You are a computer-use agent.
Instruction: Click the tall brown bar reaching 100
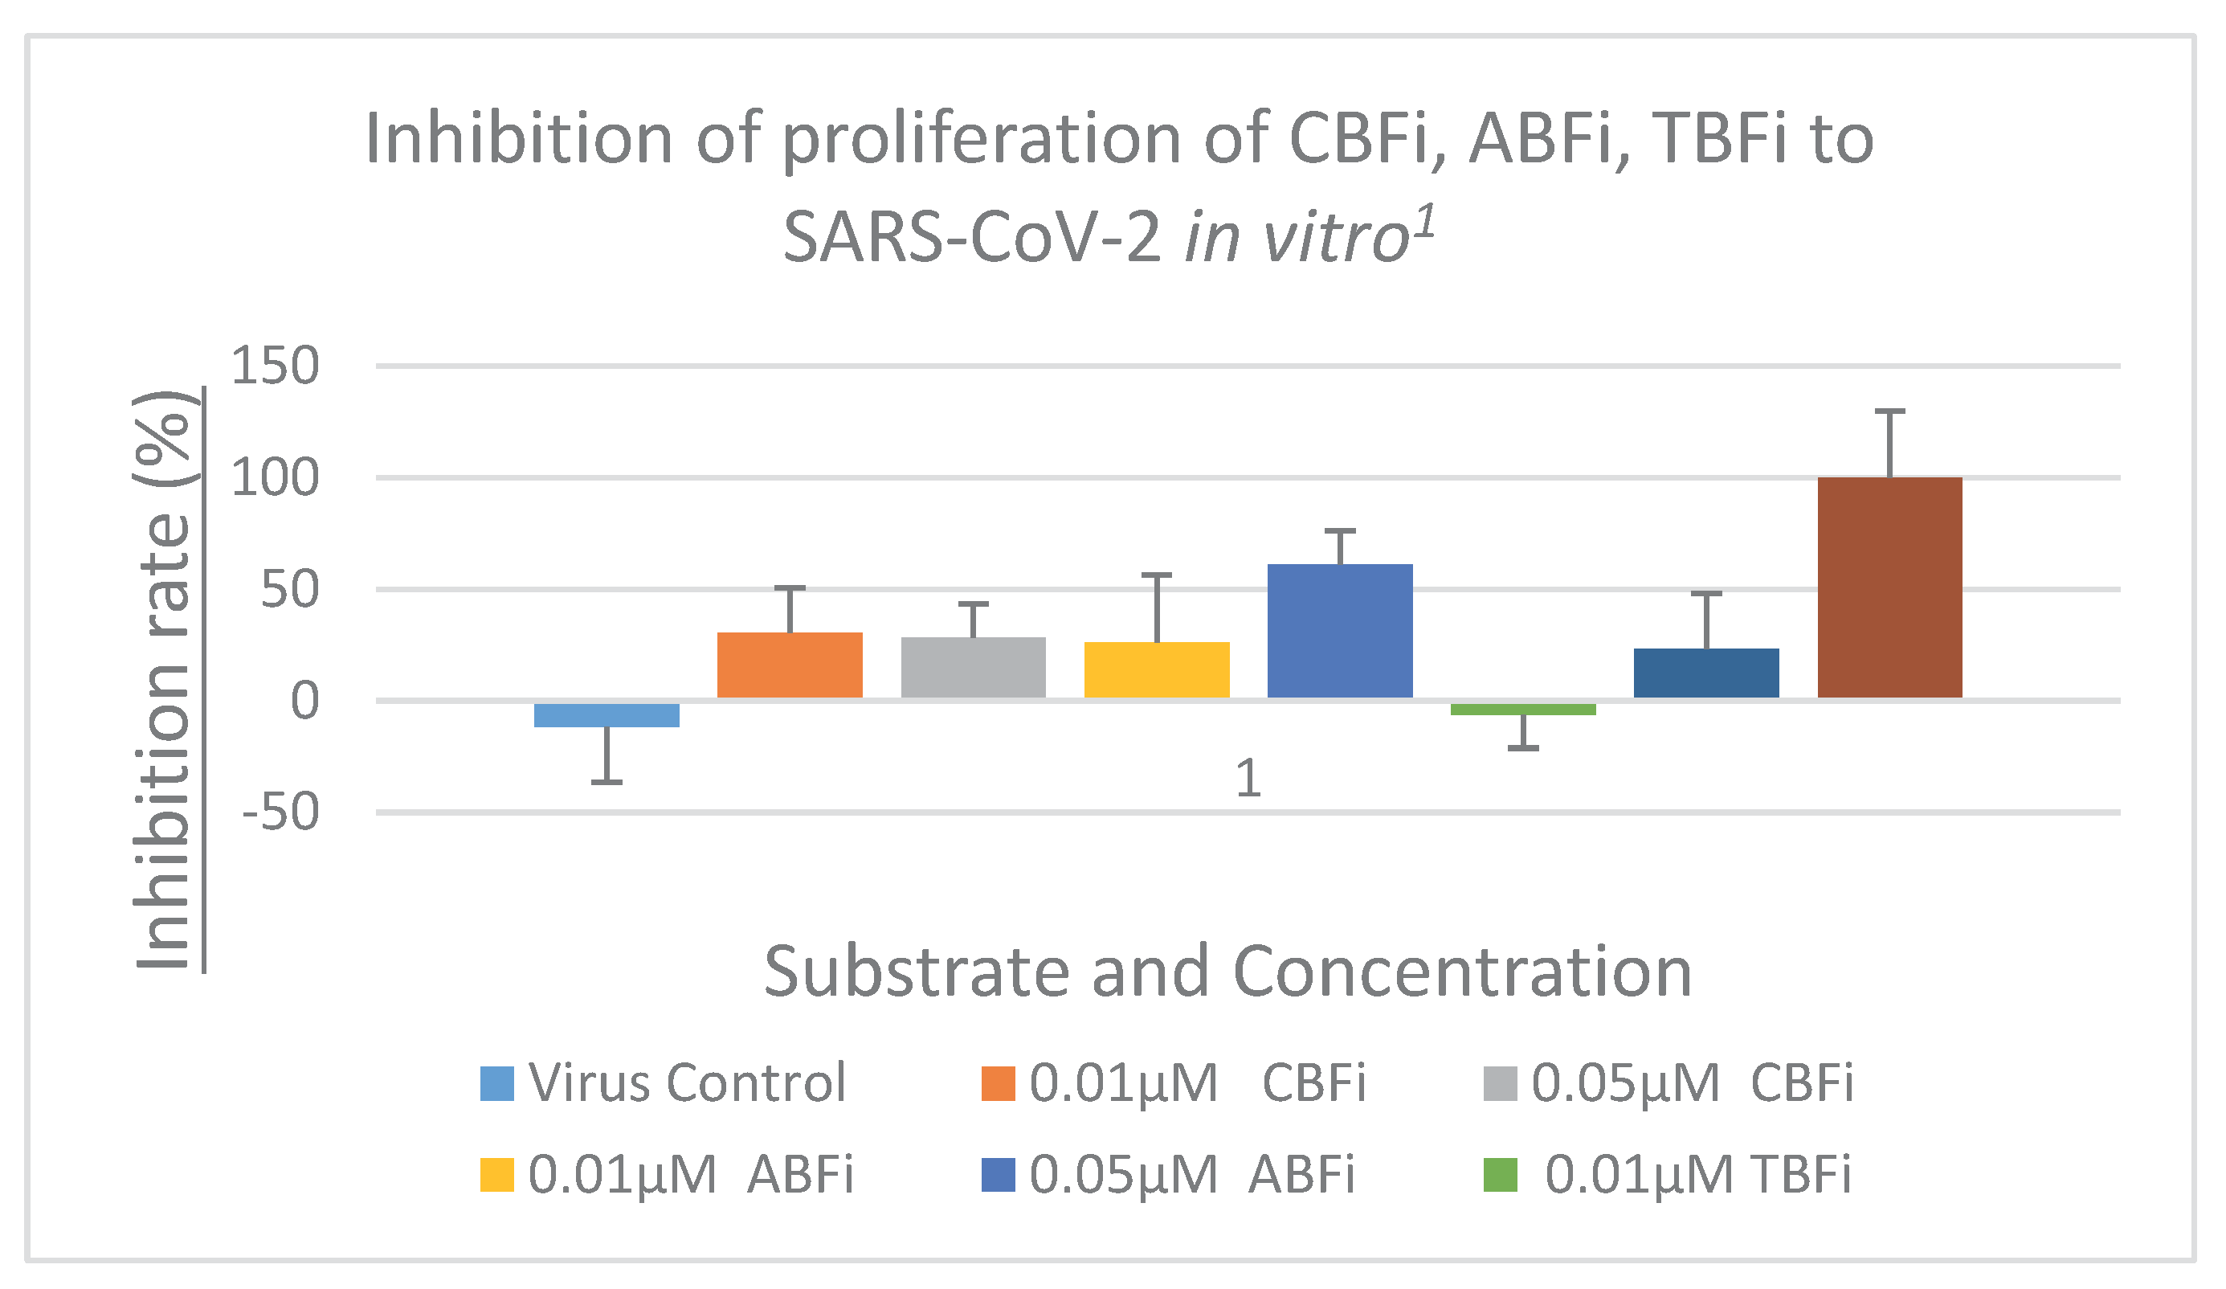point(1889,587)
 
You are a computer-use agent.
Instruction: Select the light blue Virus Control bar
point(606,714)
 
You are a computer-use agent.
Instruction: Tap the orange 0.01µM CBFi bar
point(789,665)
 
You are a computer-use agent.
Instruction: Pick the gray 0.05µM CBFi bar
point(973,667)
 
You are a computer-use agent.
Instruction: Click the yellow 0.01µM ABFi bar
point(1156,669)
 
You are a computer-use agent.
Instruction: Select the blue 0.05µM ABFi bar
point(1339,631)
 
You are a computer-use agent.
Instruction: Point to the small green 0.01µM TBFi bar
point(1523,710)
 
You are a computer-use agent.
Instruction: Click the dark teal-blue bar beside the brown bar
point(1705,673)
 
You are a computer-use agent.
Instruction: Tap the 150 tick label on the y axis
point(274,366)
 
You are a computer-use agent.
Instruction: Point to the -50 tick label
point(280,812)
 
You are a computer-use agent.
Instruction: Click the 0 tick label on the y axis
point(304,702)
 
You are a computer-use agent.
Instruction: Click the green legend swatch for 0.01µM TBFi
point(1500,1175)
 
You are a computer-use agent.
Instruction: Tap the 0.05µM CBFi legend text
point(1691,1083)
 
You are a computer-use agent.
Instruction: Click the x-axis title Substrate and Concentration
point(1227,972)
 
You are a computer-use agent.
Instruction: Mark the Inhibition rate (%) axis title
point(163,681)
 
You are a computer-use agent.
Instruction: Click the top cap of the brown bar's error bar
point(1889,411)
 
